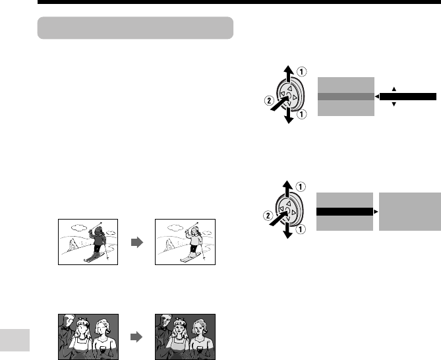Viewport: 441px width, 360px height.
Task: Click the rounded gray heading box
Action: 135,28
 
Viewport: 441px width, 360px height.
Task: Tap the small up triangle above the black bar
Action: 394,89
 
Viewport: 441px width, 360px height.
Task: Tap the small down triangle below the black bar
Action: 394,104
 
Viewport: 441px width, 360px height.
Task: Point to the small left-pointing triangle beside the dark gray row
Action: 377,96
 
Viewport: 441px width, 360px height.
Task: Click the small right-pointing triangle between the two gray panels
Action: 376,212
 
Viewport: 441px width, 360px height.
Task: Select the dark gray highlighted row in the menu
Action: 346,96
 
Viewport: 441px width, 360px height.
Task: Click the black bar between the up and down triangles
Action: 408,96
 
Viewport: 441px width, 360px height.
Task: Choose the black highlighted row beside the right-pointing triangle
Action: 345,212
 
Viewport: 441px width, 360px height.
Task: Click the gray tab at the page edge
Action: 15,340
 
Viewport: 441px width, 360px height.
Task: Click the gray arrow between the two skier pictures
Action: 137,242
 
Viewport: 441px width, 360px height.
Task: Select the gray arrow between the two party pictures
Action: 136,337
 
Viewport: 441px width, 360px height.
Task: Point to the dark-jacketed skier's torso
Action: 98,239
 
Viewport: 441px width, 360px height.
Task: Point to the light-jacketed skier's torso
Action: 194,239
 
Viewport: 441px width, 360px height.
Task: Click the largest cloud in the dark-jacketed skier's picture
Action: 79,227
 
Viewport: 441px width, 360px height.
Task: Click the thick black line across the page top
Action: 239,2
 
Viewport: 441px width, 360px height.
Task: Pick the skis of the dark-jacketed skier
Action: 94,257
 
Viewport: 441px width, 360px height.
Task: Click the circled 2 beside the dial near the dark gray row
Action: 269,100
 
